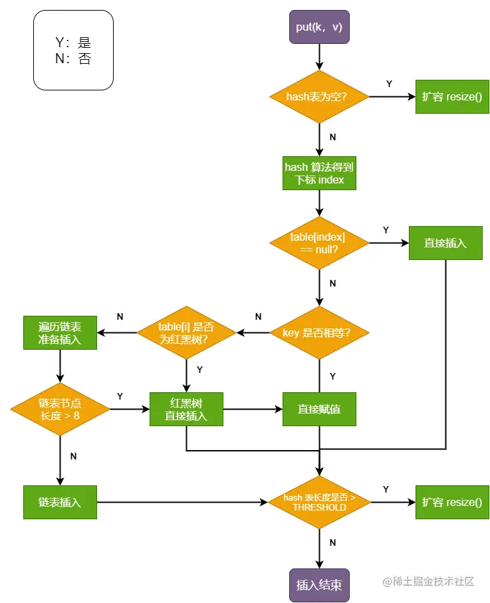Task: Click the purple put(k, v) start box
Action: pos(319,27)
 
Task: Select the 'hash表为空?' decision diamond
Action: pos(319,96)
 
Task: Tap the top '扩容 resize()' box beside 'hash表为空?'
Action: pos(452,96)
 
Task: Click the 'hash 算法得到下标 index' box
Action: pos(319,173)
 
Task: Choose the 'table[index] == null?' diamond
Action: pos(319,243)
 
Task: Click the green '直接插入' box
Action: pos(445,243)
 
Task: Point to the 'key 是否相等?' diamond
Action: pos(319,332)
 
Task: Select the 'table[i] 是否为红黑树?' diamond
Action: pos(187,332)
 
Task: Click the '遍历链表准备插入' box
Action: pos(60,332)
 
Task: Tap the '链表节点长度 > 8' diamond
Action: pos(60,409)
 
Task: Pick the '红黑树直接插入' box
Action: pos(187,409)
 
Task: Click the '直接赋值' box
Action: pos(319,409)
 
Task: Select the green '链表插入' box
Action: pos(60,502)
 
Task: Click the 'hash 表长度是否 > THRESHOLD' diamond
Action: pos(319,502)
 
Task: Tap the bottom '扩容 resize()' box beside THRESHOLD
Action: pos(452,502)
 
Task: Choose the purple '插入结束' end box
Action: pos(319,585)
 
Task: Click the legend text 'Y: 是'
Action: pos(73,42)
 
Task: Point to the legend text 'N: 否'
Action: pos(73,59)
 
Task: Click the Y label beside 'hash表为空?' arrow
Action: pos(389,84)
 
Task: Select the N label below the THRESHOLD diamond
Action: pos(332,543)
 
